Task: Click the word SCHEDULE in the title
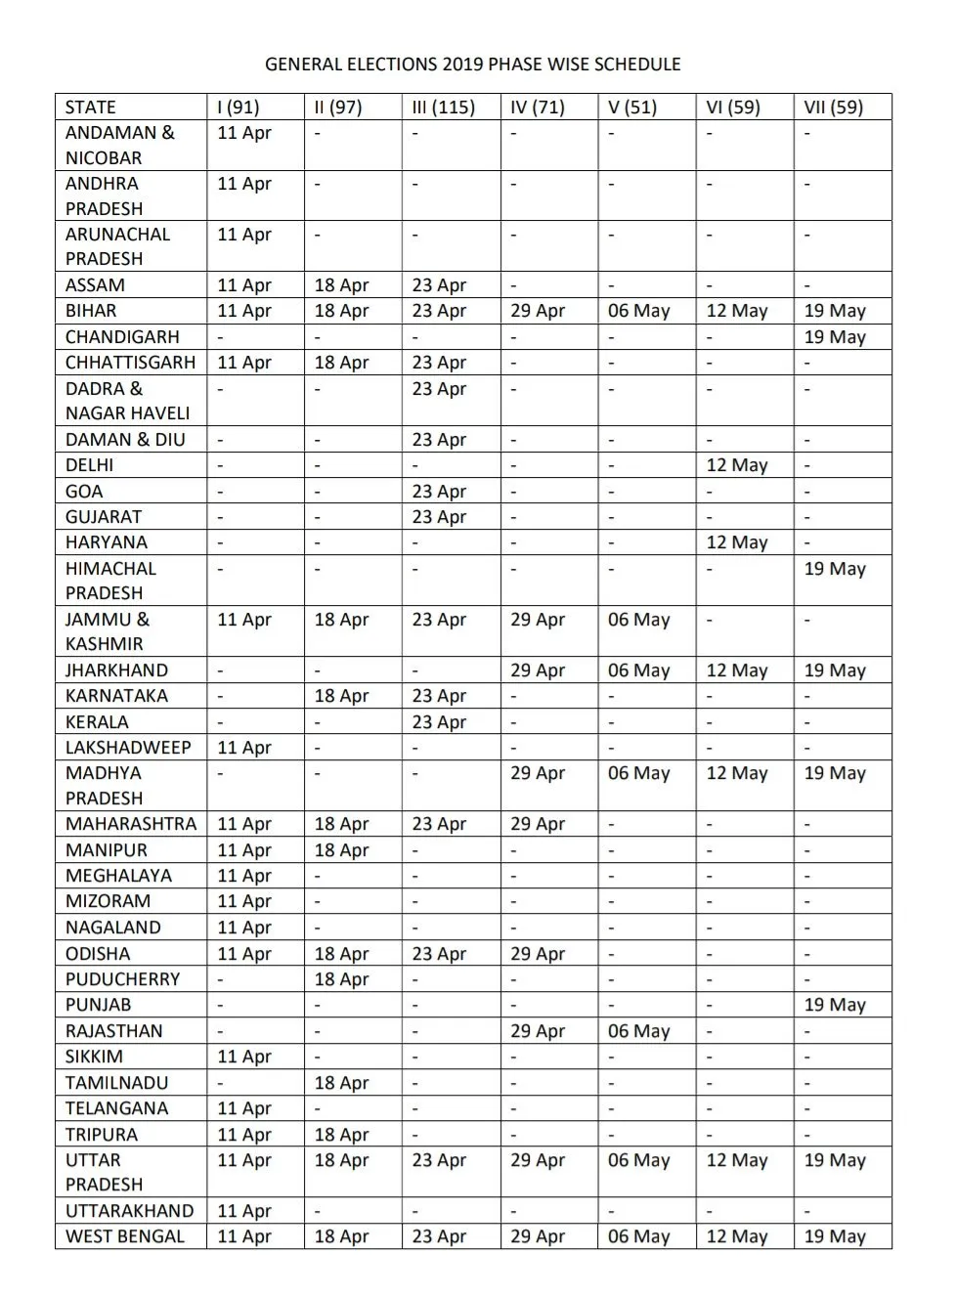(x=633, y=65)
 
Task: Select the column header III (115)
(x=443, y=108)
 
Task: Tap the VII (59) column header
(x=833, y=108)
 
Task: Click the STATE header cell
(x=91, y=108)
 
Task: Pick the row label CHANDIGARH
(x=122, y=337)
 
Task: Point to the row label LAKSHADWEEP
(x=128, y=748)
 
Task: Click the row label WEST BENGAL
(x=125, y=1236)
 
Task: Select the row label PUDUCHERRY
(x=123, y=979)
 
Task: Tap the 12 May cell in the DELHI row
(x=737, y=465)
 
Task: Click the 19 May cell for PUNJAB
(x=835, y=1005)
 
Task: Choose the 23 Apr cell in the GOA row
(x=439, y=492)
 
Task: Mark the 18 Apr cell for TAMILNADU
(x=341, y=1083)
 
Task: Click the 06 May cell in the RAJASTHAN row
(x=638, y=1031)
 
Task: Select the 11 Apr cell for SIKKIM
(x=243, y=1057)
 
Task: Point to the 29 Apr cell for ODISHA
(x=538, y=954)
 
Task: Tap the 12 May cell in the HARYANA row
(x=737, y=542)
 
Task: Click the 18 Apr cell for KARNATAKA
(x=341, y=696)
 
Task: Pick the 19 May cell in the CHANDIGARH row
(x=835, y=337)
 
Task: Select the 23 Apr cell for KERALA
(x=439, y=722)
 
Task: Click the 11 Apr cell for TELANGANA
(x=243, y=1108)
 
